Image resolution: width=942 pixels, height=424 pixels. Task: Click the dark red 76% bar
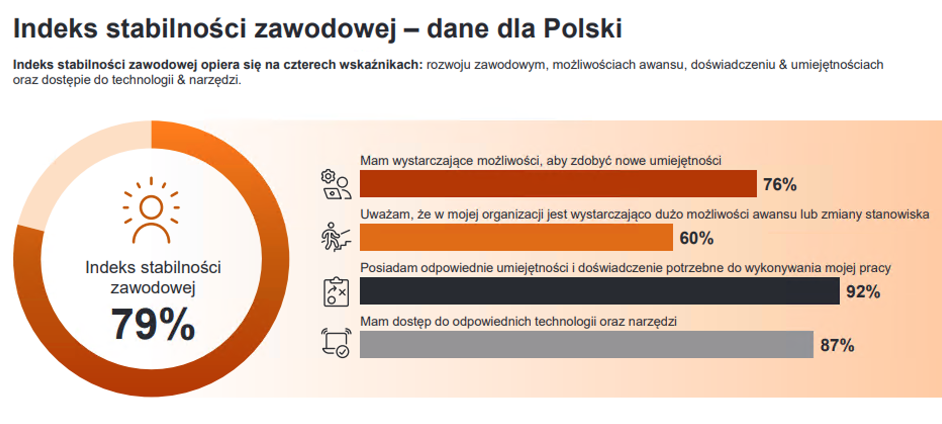click(x=558, y=184)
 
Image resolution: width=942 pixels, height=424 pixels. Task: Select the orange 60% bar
click(x=516, y=237)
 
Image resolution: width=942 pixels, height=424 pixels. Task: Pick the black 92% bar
click(x=599, y=291)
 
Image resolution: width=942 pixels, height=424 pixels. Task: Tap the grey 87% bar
click(x=586, y=345)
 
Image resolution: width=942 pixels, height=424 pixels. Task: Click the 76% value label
click(x=780, y=185)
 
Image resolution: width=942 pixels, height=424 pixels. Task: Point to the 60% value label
click(x=696, y=238)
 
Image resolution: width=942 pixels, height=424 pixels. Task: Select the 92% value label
click(x=863, y=292)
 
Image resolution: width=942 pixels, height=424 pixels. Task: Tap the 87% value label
click(x=837, y=346)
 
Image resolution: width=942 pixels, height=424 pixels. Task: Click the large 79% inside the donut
click(x=153, y=324)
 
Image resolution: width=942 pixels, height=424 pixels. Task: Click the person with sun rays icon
click(x=151, y=210)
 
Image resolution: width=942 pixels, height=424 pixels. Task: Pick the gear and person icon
click(x=336, y=184)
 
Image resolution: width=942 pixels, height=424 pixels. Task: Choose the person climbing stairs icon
click(x=336, y=237)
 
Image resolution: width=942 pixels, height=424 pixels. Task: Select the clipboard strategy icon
click(x=336, y=291)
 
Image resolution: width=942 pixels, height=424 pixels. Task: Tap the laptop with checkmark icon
click(x=336, y=343)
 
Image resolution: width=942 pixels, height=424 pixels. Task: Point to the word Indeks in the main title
click(x=55, y=28)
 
